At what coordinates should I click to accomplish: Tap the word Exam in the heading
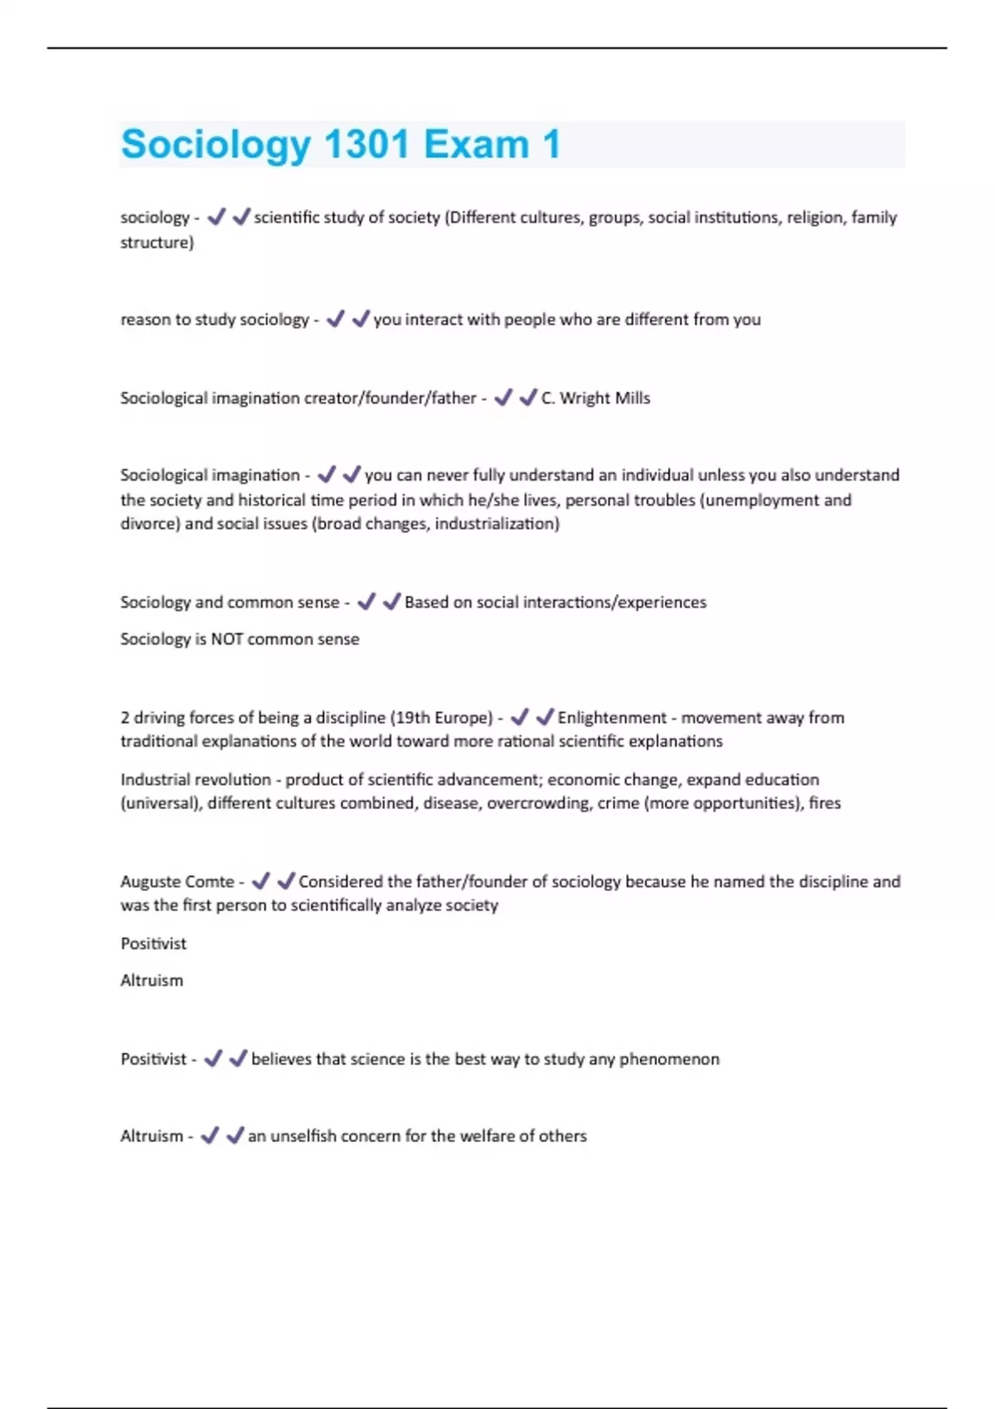coord(476,144)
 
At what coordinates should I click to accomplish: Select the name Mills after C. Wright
coord(632,398)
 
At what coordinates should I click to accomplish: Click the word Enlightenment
coord(612,718)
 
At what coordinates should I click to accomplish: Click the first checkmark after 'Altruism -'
coord(210,1135)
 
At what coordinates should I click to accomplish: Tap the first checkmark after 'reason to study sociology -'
coord(335,319)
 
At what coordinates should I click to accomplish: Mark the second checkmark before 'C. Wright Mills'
coord(527,398)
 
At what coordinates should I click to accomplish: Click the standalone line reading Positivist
coord(153,944)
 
